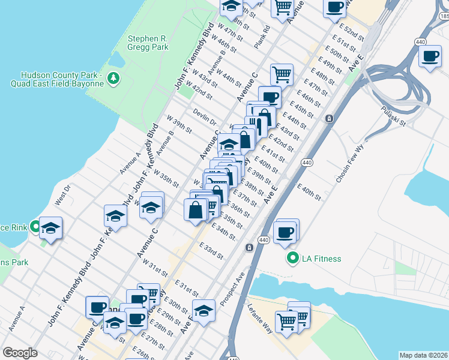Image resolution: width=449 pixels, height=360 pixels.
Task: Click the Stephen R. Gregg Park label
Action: click(x=148, y=44)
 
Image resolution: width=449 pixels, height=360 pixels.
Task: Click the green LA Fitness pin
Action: click(x=293, y=259)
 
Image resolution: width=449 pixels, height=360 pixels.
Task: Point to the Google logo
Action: click(x=20, y=353)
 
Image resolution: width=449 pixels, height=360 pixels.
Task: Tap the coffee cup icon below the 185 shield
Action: click(x=430, y=57)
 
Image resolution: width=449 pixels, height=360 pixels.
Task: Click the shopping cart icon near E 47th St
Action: click(x=282, y=74)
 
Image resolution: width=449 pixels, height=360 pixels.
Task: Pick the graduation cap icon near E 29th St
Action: click(x=204, y=310)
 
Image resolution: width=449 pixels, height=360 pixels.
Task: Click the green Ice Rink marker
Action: click(x=35, y=227)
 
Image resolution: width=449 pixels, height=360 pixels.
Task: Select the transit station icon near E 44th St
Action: click(x=329, y=119)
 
